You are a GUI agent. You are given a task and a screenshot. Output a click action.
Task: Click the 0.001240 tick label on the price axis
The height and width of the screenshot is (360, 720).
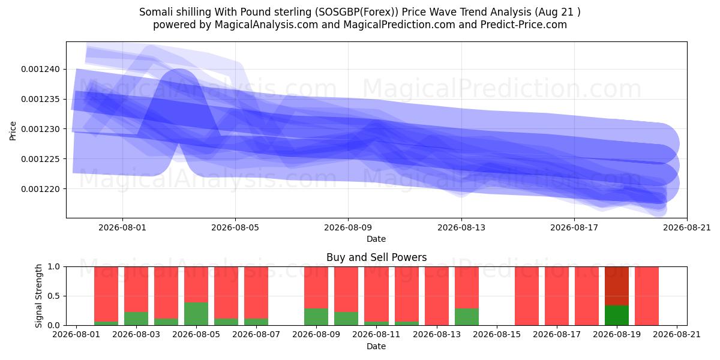pyautogui.click(x=40, y=70)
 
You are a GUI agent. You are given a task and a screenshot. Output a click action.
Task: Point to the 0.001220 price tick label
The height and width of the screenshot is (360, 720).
pyautogui.click(x=40, y=189)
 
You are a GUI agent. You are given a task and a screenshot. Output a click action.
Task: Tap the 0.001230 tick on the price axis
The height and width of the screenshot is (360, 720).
pyautogui.click(x=40, y=129)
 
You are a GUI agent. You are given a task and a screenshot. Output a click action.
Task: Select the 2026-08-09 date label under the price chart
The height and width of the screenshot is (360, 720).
pyautogui.click(x=348, y=227)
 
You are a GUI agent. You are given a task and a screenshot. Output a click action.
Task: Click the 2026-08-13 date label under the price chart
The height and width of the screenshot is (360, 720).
pyautogui.click(x=461, y=227)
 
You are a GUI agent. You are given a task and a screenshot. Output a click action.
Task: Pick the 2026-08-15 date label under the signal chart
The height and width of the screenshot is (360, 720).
pyautogui.click(x=497, y=334)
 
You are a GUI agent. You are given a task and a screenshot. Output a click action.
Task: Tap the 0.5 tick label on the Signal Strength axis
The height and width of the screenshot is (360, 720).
pyautogui.click(x=53, y=296)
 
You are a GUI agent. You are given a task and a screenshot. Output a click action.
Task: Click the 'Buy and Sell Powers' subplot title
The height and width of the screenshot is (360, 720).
pyautogui.click(x=376, y=257)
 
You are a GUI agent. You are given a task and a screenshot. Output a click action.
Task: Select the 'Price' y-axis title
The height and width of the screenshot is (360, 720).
pyautogui.click(x=13, y=131)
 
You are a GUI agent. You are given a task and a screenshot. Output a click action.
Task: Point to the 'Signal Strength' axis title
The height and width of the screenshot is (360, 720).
pyautogui.click(x=38, y=296)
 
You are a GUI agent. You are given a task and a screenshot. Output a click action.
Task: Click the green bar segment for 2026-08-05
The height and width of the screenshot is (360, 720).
pyautogui.click(x=196, y=314)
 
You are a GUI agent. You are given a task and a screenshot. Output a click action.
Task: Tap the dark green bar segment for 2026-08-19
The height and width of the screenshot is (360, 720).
pyautogui.click(x=617, y=316)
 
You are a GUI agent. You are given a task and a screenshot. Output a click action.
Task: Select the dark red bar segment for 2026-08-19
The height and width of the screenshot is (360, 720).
pyautogui.click(x=617, y=286)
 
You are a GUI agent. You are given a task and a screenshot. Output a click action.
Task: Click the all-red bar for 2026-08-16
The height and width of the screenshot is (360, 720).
pyautogui.click(x=527, y=296)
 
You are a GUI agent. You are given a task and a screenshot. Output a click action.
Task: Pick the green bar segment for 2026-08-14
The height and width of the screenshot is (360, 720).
pyautogui.click(x=466, y=317)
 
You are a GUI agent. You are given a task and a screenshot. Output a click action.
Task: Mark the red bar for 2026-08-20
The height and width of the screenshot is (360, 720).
pyautogui.click(x=647, y=296)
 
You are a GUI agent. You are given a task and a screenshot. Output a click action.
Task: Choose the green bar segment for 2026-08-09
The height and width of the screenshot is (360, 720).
pyautogui.click(x=316, y=317)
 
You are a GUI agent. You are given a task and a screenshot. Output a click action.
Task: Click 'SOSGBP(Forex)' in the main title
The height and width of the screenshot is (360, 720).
pyautogui.click(x=356, y=12)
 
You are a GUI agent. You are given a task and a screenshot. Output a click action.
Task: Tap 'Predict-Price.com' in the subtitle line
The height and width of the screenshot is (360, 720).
pyautogui.click(x=524, y=25)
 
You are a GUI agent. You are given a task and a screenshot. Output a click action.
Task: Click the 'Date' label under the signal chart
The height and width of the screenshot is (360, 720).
pyautogui.click(x=376, y=346)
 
